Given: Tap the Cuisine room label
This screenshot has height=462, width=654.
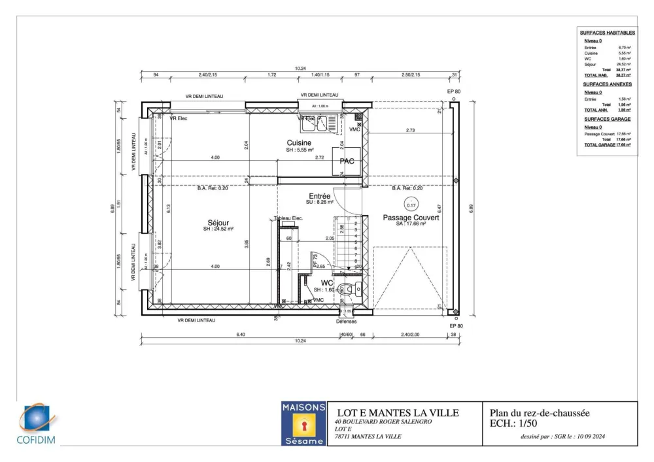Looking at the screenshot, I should pos(299,142).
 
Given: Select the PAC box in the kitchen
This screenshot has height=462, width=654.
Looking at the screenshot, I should pos(347,161).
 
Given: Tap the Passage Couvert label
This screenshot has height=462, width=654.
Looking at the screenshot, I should pos(411,218).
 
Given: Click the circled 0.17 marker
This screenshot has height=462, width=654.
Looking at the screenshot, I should pos(411,205).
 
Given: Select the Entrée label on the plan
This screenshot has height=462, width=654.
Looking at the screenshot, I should pos(320,196).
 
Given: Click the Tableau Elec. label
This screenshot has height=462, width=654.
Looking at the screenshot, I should pos(288,218).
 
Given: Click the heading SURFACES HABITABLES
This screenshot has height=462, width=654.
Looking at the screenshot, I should pos(607,33).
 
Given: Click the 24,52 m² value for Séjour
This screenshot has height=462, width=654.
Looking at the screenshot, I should pos(624,64).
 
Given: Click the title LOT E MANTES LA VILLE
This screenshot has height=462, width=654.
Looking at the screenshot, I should pos(398,413).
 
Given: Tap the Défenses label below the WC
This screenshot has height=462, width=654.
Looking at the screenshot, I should pos(347,322).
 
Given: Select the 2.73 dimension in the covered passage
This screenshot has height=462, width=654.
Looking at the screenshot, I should pos(410,131).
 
